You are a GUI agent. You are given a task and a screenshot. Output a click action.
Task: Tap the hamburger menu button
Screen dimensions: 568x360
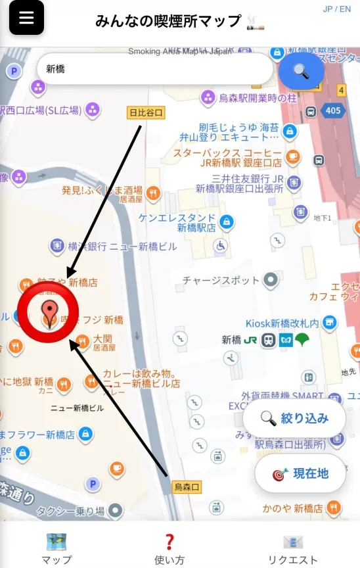(26, 18)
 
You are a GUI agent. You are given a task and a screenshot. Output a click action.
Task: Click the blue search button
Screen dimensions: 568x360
(301, 71)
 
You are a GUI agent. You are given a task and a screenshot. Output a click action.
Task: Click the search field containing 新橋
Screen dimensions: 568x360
(154, 69)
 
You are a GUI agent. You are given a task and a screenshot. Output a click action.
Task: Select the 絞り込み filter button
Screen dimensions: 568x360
(294, 418)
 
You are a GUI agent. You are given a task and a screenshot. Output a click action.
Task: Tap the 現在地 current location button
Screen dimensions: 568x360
(300, 473)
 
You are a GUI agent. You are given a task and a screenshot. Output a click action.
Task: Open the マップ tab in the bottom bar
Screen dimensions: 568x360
(56, 549)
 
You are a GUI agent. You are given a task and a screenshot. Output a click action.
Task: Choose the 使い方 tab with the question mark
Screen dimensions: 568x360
(169, 549)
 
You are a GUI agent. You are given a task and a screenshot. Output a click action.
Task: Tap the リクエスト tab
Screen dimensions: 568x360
(292, 549)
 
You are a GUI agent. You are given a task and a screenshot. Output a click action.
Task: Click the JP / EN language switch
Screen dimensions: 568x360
(337, 9)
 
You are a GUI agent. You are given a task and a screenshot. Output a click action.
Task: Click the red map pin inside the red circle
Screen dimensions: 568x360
(48, 311)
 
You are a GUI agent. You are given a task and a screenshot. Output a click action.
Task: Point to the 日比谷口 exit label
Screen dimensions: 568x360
(146, 113)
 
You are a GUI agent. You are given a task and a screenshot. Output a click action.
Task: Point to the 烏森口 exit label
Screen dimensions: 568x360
(187, 487)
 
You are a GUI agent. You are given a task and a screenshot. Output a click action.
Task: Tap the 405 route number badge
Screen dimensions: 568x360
(333, 110)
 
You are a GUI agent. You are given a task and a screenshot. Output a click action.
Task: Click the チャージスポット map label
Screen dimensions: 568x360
(221, 281)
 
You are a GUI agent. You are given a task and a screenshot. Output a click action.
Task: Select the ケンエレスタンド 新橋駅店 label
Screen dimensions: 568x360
(177, 222)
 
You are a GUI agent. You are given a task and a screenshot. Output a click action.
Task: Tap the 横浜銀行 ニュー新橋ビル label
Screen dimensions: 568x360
(122, 247)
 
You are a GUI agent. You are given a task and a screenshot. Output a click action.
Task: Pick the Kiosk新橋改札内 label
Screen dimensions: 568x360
(282, 323)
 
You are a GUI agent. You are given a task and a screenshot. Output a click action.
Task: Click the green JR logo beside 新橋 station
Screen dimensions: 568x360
(250, 340)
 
